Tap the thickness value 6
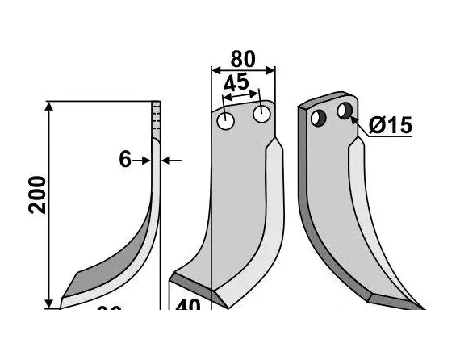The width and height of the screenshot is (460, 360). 125,160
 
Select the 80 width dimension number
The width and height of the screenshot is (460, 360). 242,60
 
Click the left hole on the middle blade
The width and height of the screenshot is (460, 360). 226,120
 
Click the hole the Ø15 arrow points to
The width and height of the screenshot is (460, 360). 345,109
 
